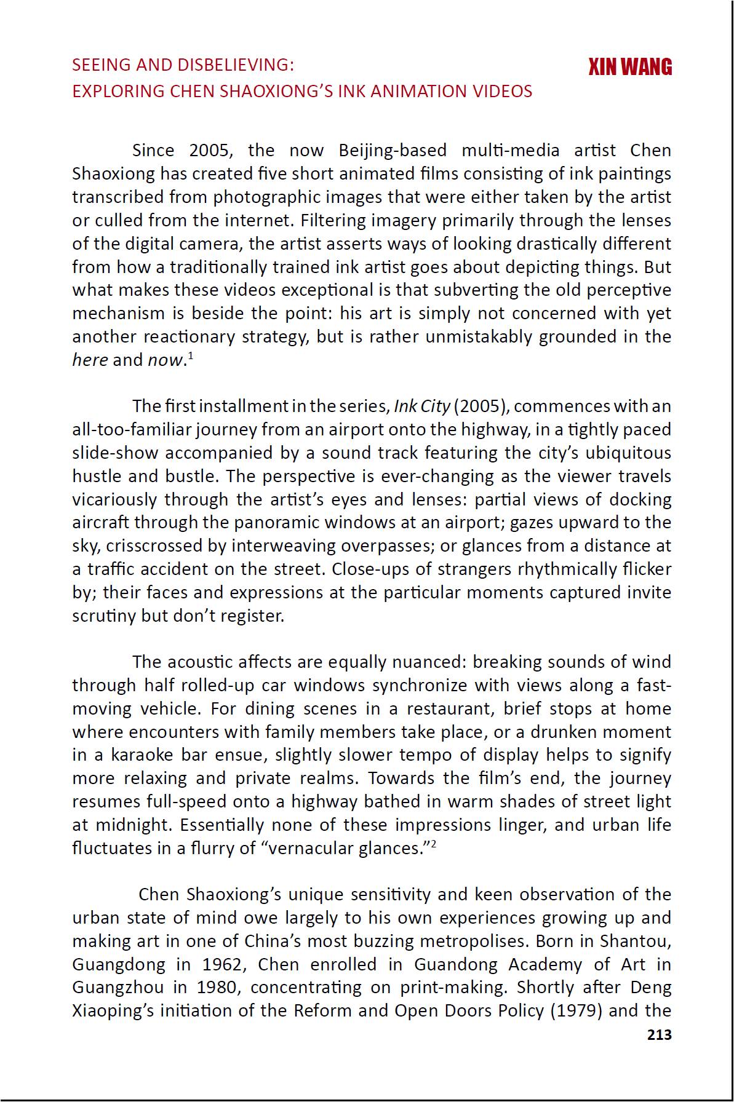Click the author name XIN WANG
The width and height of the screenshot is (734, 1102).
coord(629,66)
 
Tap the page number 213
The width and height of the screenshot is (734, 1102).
coord(659,1034)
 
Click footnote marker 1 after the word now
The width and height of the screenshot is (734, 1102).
coord(191,356)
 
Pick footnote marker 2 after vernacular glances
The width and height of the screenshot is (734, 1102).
coord(433,844)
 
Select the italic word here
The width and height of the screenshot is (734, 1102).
coord(90,360)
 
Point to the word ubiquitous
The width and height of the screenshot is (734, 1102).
coord(628,453)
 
